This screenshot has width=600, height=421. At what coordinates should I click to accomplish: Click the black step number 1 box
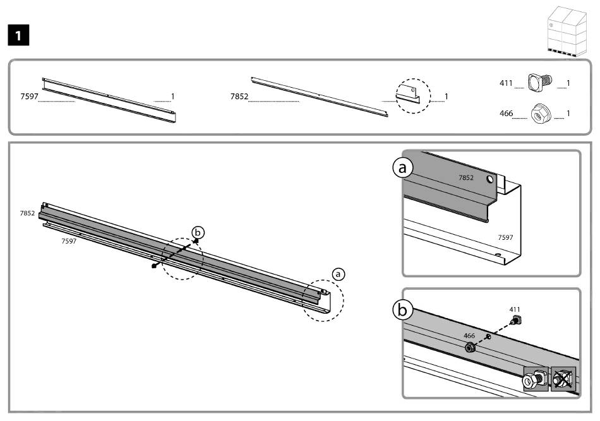click(18, 35)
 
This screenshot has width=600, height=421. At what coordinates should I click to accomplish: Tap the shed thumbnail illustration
click(567, 32)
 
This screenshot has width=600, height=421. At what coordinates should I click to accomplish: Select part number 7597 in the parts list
click(30, 97)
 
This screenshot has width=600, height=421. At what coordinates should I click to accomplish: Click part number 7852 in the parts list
click(239, 97)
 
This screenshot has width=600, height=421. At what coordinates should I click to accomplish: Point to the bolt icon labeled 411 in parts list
click(540, 82)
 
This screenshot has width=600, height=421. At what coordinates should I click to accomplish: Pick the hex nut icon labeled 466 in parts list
click(541, 114)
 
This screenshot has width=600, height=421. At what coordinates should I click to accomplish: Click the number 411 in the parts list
click(506, 83)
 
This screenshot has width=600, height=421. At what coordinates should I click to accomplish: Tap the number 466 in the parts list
click(507, 113)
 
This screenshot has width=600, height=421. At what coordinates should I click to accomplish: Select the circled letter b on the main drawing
click(198, 232)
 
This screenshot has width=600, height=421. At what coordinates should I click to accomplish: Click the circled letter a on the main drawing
click(338, 274)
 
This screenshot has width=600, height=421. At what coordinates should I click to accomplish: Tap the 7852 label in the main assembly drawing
click(28, 213)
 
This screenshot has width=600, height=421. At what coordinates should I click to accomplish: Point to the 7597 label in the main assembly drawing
click(69, 241)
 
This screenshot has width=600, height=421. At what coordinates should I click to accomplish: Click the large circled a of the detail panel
click(402, 168)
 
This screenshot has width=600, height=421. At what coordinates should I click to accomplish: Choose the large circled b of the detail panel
click(402, 310)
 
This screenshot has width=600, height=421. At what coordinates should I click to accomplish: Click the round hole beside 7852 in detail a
click(490, 179)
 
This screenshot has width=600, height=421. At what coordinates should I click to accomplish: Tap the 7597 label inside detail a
click(505, 237)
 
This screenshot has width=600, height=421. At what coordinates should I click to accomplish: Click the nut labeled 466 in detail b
click(470, 348)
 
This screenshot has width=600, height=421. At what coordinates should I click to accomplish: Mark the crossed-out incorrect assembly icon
click(563, 379)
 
